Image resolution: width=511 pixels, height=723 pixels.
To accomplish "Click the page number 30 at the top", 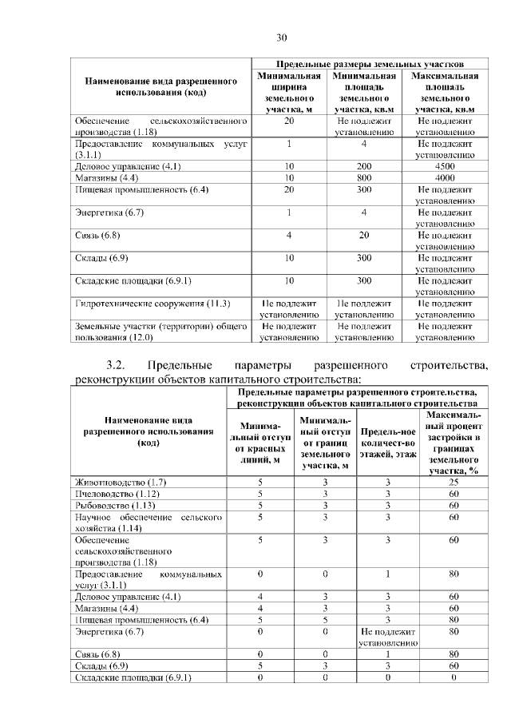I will coord(281,38).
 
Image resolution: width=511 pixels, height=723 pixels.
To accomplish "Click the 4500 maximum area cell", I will coord(445,166).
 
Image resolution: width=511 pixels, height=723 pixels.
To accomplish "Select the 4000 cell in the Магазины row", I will coord(445,177).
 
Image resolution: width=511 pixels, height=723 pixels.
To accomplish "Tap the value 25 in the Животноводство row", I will coord(453,482).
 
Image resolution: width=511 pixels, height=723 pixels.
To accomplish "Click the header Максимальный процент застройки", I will coord(453,443).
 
